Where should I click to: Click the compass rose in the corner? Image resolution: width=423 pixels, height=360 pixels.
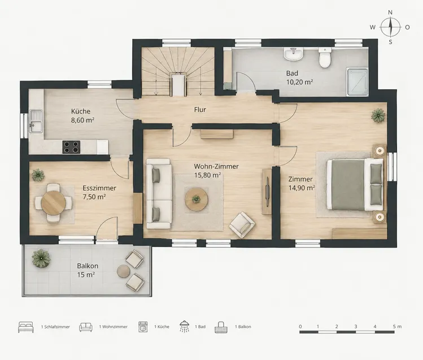(390, 27)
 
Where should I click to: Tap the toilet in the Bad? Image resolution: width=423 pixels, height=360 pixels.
(325, 58)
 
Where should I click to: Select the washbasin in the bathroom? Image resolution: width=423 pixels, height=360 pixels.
(294, 54)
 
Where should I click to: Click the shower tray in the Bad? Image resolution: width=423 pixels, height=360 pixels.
(357, 82)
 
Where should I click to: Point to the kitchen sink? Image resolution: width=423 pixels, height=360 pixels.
(36, 121)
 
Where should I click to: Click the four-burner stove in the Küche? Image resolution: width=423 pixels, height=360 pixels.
(71, 147)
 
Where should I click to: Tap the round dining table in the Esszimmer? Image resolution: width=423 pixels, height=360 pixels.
(54, 203)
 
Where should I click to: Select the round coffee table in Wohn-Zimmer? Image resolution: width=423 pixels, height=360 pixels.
(196, 199)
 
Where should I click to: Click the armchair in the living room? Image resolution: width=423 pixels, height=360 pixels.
(242, 225)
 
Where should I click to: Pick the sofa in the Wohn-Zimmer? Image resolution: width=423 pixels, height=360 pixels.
(159, 194)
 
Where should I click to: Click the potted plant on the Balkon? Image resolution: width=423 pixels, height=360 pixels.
(41, 258)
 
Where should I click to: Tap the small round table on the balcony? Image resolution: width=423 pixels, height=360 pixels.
(124, 271)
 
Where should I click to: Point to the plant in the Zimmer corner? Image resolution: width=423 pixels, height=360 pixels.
(378, 115)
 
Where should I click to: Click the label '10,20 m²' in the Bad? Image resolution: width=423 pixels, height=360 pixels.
(299, 82)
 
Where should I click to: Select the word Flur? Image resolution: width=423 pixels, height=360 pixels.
(200, 110)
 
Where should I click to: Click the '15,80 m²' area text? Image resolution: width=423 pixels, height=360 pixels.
(207, 175)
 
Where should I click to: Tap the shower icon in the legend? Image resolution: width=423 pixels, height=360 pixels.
(184, 326)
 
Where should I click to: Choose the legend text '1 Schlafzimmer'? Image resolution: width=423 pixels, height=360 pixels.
(55, 327)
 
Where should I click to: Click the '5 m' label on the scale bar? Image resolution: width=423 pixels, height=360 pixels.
(398, 327)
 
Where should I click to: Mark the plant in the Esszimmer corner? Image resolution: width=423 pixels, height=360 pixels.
(38, 175)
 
